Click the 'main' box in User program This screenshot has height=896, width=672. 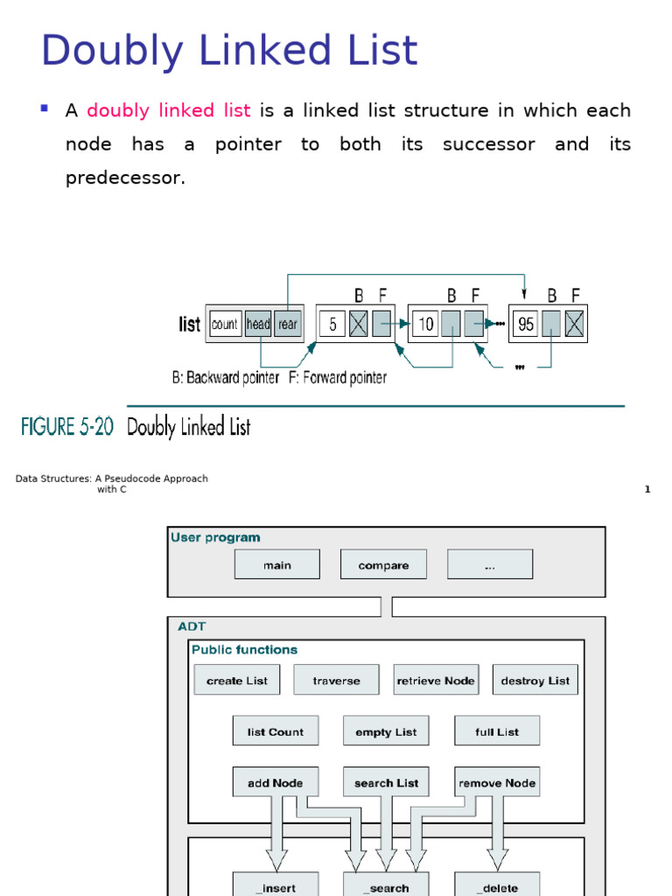coord(276,564)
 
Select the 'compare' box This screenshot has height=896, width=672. coord(383,564)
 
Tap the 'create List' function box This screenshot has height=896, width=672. coord(237,680)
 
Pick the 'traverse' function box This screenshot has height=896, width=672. coord(337,680)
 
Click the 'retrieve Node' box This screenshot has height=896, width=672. coord(436,680)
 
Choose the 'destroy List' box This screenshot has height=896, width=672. coord(535,680)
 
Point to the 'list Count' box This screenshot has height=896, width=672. coord(276,731)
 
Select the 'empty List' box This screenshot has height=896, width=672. coord(386,731)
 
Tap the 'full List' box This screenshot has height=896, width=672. coord(497,731)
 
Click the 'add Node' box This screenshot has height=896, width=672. coord(276,782)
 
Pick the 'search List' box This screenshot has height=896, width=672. coord(386,782)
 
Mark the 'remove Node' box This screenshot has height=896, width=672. coord(497,782)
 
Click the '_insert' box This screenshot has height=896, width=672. coord(276,886)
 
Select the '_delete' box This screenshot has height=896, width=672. coord(497,886)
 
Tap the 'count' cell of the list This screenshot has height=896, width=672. coord(225,324)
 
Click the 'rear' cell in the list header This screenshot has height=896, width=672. coord(288,324)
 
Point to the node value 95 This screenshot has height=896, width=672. coord(526,325)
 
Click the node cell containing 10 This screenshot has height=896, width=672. coord(425,325)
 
